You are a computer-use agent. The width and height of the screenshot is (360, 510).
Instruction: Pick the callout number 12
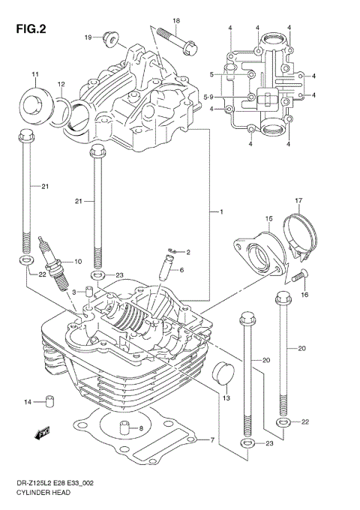[x=61, y=84]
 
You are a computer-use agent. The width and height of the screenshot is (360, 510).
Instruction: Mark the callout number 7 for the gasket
[x=212, y=439]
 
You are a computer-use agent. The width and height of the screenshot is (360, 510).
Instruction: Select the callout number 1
[x=220, y=213]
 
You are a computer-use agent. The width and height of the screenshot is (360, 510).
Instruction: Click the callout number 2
[x=187, y=252]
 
